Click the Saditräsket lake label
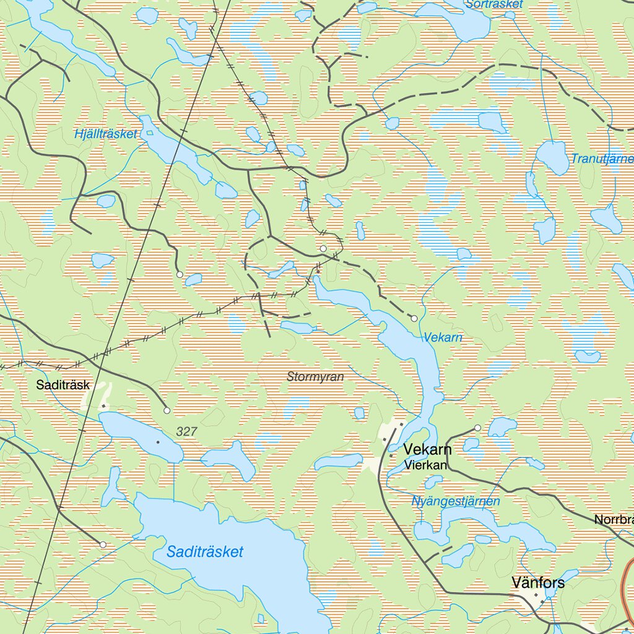point(205,552)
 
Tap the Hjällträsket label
point(105,134)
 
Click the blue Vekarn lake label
point(443,338)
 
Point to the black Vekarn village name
point(427,449)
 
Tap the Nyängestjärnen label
point(456,502)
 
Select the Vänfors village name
point(538,583)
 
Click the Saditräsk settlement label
point(63,385)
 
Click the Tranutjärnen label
point(602,159)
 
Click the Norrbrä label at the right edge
point(614,520)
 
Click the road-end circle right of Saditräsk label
point(167,410)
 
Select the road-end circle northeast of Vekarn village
point(477,428)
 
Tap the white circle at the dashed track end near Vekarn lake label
point(414,318)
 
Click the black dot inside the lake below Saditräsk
point(158,442)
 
